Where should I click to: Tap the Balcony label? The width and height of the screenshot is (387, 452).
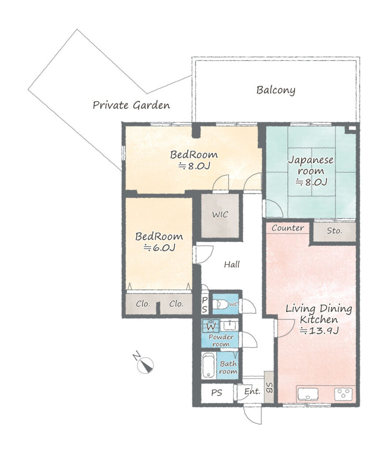(275, 90)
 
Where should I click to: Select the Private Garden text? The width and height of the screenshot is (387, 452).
(131, 105)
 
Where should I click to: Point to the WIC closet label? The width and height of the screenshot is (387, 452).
(220, 215)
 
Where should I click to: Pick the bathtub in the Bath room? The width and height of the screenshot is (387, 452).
(208, 365)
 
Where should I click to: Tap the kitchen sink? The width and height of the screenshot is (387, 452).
(308, 394)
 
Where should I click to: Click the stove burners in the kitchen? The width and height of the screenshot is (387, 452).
(343, 394)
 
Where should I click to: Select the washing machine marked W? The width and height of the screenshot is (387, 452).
(211, 326)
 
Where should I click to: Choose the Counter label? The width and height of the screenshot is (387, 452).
(288, 228)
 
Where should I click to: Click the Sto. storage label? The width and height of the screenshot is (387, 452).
(334, 231)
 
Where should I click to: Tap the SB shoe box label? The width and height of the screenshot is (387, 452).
(269, 388)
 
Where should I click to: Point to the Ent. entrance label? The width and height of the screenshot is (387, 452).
(252, 392)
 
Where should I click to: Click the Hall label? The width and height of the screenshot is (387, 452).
(232, 264)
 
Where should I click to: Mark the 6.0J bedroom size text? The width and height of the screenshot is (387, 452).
(160, 248)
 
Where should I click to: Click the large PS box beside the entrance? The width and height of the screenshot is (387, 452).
(217, 393)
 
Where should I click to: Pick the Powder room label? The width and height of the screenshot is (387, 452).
(221, 340)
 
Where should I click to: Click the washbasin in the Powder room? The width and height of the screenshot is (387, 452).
(230, 325)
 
